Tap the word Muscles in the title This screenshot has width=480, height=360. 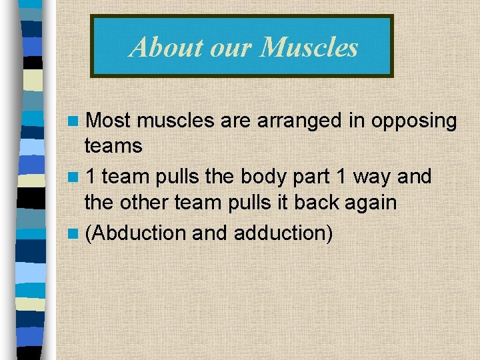[309, 47]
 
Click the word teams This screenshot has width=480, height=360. [113, 145]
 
